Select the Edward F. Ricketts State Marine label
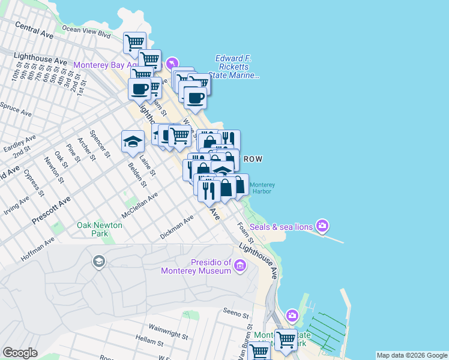coord(237,67)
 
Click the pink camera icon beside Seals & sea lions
coord(322,226)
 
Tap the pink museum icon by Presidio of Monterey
coord(240,265)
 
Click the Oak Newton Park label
coord(100,229)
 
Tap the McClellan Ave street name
coord(139,205)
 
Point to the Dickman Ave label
coord(177,227)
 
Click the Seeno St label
coord(235,313)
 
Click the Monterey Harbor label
coord(262,188)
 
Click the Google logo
coord(20,353)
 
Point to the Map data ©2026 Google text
coord(412,355)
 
